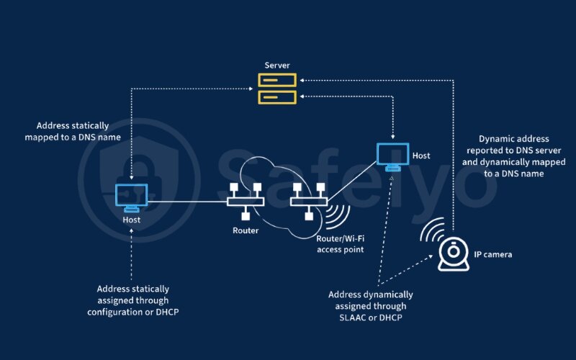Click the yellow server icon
point(277,88)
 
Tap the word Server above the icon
point(277,66)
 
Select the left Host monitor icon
point(132,196)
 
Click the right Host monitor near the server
point(392,156)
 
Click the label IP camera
point(493,255)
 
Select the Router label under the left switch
point(245,230)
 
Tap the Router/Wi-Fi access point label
point(340,243)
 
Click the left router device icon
point(245,201)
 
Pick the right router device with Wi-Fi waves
point(308,201)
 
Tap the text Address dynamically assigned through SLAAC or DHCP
point(371,305)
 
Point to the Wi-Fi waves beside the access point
point(337,217)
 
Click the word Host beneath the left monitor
point(132,219)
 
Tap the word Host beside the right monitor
point(421,155)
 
